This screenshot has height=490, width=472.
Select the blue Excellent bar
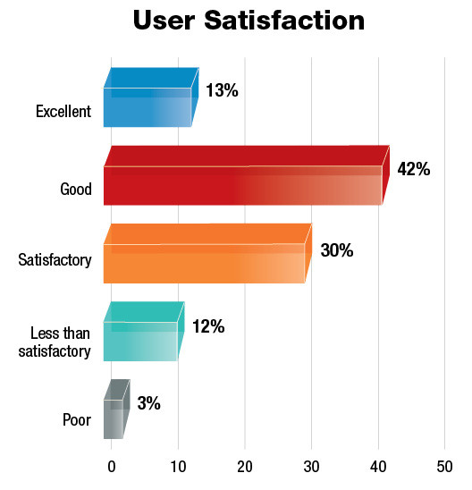(147, 106)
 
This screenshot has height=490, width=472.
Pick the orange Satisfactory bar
(205, 262)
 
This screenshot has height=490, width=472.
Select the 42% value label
(412, 170)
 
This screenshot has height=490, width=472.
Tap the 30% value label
(336, 250)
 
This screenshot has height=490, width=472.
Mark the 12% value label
(207, 326)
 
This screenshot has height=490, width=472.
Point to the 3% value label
(148, 403)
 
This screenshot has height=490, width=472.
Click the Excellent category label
(63, 112)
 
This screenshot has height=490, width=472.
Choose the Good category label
(76, 190)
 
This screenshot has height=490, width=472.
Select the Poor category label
(77, 419)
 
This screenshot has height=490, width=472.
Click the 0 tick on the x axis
(112, 467)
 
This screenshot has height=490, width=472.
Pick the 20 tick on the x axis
(244, 467)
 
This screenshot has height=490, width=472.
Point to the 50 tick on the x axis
(444, 467)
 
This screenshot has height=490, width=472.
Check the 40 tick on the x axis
(378, 467)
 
